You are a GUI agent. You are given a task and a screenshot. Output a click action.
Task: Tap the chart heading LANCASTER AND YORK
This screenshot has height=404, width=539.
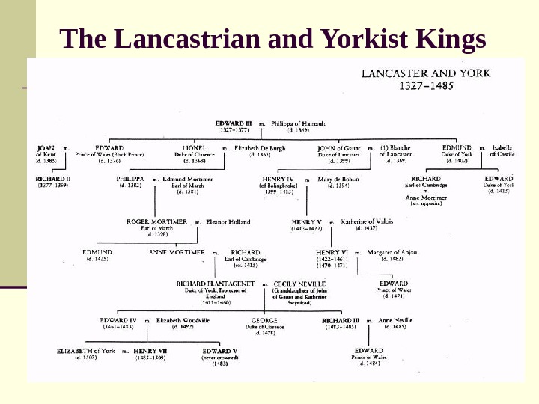click(x=426, y=73)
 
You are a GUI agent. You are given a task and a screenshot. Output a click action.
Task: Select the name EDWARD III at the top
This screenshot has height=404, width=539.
click(x=234, y=123)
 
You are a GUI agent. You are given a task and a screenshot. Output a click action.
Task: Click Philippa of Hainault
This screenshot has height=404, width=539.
click(x=300, y=123)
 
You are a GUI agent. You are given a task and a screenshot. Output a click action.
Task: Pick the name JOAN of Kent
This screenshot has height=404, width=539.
click(x=46, y=148)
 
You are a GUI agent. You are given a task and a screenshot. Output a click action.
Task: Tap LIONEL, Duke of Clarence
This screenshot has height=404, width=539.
click(x=194, y=148)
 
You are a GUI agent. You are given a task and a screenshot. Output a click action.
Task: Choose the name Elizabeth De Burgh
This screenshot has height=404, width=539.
click(x=260, y=148)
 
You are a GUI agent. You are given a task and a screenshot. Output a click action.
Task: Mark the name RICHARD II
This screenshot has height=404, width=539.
click(x=53, y=180)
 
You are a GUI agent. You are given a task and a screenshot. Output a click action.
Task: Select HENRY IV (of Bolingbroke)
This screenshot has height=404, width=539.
click(x=278, y=180)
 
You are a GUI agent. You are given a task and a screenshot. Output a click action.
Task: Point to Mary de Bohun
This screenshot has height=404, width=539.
click(x=338, y=180)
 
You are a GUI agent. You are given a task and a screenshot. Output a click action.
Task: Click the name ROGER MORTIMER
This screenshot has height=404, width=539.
click(x=157, y=222)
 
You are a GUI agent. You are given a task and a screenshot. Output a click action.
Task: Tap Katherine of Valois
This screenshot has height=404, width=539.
click(x=367, y=222)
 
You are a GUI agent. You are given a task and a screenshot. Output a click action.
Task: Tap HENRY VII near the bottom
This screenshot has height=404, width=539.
click(x=150, y=351)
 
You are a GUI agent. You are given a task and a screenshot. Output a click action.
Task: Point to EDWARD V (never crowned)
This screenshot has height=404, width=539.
click(x=219, y=351)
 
